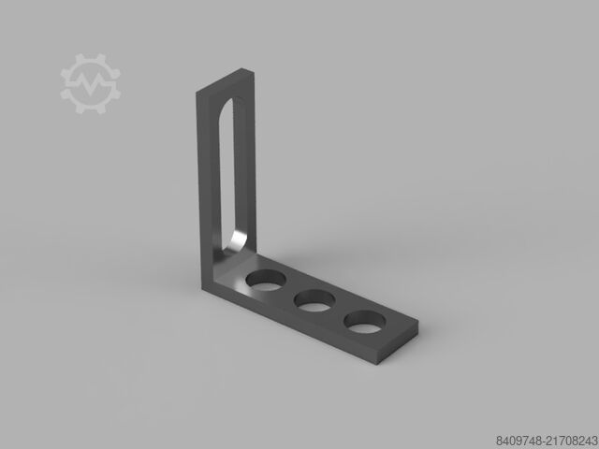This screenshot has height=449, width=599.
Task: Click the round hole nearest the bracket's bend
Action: [266, 280]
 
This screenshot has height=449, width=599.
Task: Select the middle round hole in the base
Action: [314, 299]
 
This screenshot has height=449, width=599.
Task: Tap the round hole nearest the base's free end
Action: [364, 322]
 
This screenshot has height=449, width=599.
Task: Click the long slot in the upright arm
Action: [231, 176]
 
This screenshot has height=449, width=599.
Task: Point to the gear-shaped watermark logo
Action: [91, 83]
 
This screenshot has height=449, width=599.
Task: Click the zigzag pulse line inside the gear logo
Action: [91, 82]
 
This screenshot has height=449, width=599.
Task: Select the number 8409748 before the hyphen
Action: [518, 441]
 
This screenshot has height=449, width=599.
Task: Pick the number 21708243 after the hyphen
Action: [571, 441]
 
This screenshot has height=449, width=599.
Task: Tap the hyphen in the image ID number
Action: [543, 441]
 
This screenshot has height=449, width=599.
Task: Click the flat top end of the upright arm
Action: [226, 80]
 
